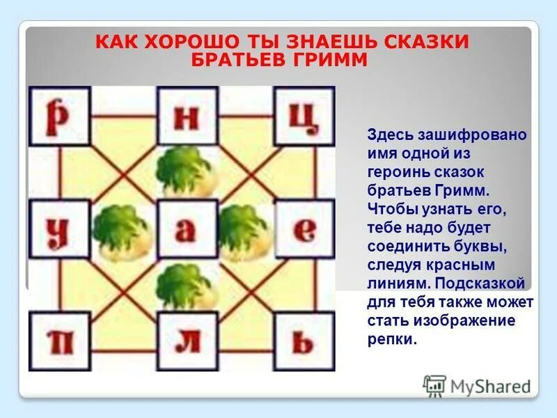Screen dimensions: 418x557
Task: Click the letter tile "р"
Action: click(59, 116)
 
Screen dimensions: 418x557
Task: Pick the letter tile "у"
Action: click(59, 230)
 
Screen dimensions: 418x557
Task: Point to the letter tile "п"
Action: click(59, 341)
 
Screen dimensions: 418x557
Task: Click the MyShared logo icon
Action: click(435, 385)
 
